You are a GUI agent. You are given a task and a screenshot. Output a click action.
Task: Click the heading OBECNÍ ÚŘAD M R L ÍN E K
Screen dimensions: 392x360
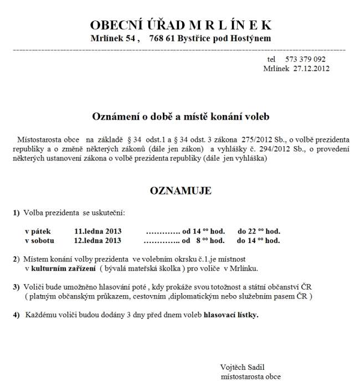(181, 25)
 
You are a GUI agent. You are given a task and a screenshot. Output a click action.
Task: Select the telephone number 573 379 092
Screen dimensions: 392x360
(305, 59)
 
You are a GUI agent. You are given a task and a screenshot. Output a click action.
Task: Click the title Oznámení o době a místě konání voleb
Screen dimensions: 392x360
(181, 117)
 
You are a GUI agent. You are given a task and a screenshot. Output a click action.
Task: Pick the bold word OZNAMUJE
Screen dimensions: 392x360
(181, 191)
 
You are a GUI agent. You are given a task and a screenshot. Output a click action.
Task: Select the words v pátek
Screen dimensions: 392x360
(37, 231)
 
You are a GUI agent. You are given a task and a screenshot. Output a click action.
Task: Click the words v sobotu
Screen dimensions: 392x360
(39, 240)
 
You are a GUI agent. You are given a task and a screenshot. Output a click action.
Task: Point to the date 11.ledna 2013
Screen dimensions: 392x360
(97, 231)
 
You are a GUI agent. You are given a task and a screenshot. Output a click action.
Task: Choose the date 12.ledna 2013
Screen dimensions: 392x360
(97, 240)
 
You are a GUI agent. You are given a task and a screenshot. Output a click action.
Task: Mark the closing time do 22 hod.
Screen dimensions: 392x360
(259, 231)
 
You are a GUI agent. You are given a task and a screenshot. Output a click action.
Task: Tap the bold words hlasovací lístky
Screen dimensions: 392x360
(231, 314)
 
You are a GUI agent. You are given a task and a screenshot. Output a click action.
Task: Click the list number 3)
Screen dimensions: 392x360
(16, 287)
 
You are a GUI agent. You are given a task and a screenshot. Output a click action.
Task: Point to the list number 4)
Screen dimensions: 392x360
(16, 314)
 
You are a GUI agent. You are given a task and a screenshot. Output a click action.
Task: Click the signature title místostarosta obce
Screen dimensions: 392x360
(250, 376)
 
